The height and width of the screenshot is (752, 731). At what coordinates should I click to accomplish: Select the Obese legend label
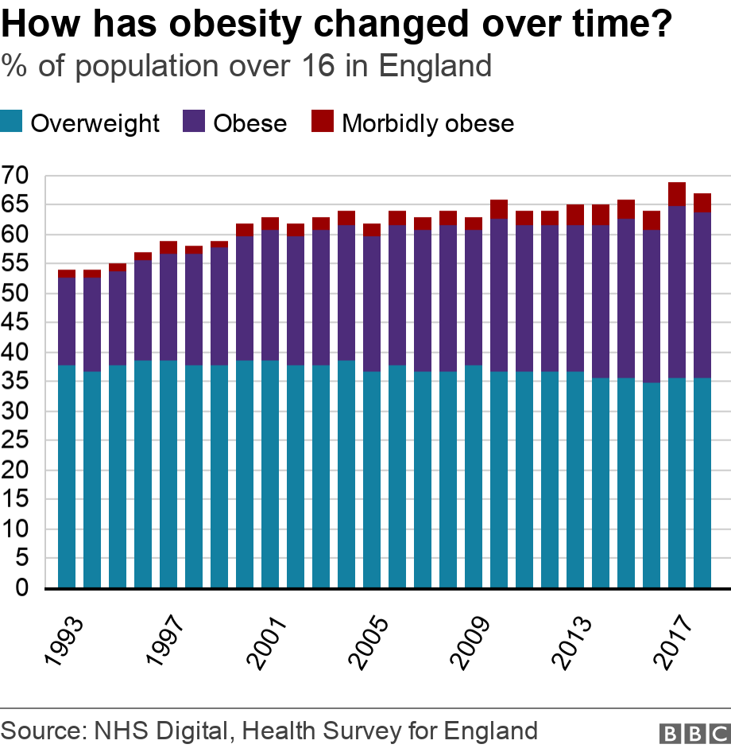[249, 123]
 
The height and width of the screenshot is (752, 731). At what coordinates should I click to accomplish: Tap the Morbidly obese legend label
[427, 123]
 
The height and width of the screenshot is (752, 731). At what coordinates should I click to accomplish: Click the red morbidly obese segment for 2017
[677, 194]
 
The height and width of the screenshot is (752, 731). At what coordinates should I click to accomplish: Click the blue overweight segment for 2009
[474, 477]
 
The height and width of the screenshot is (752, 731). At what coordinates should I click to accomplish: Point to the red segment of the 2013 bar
[575, 215]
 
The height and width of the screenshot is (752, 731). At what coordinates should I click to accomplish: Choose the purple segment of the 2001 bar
[270, 295]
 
